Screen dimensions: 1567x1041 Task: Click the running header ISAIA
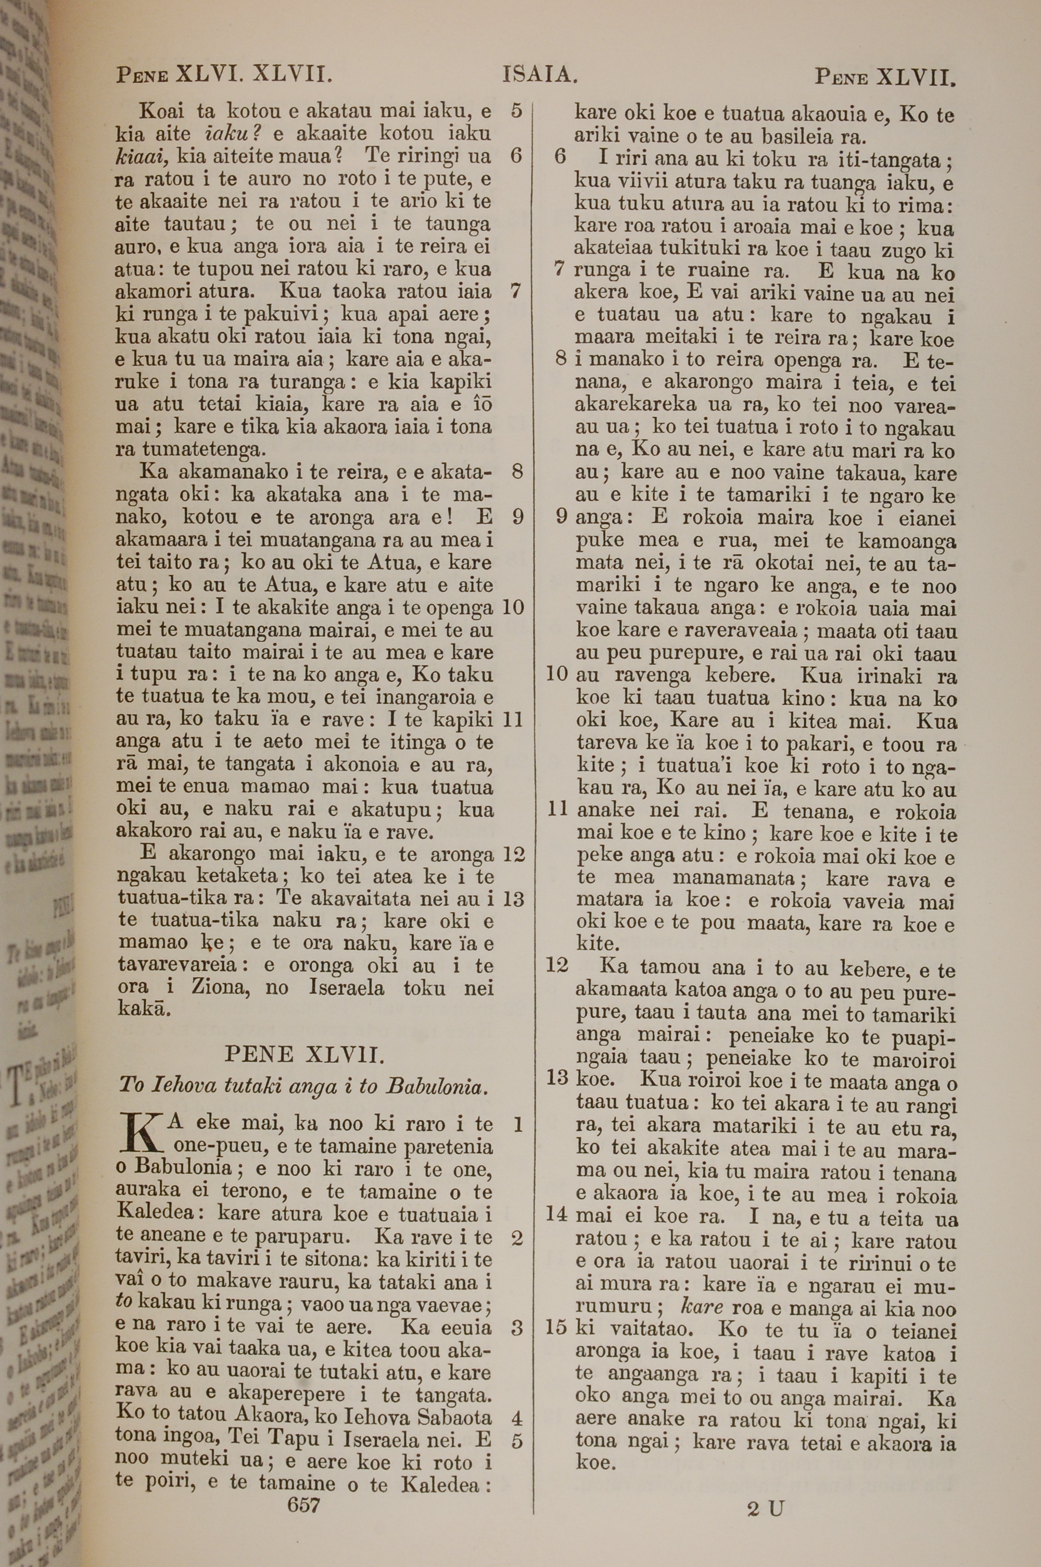coord(540,74)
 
